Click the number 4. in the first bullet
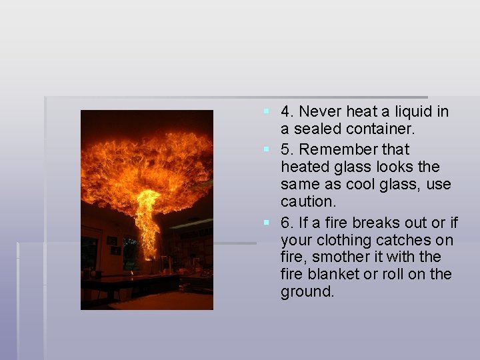coord(288,112)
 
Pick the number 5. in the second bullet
coord(288,149)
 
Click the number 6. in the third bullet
coord(288,223)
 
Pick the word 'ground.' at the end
coord(307,292)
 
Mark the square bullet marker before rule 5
coord(266,147)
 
